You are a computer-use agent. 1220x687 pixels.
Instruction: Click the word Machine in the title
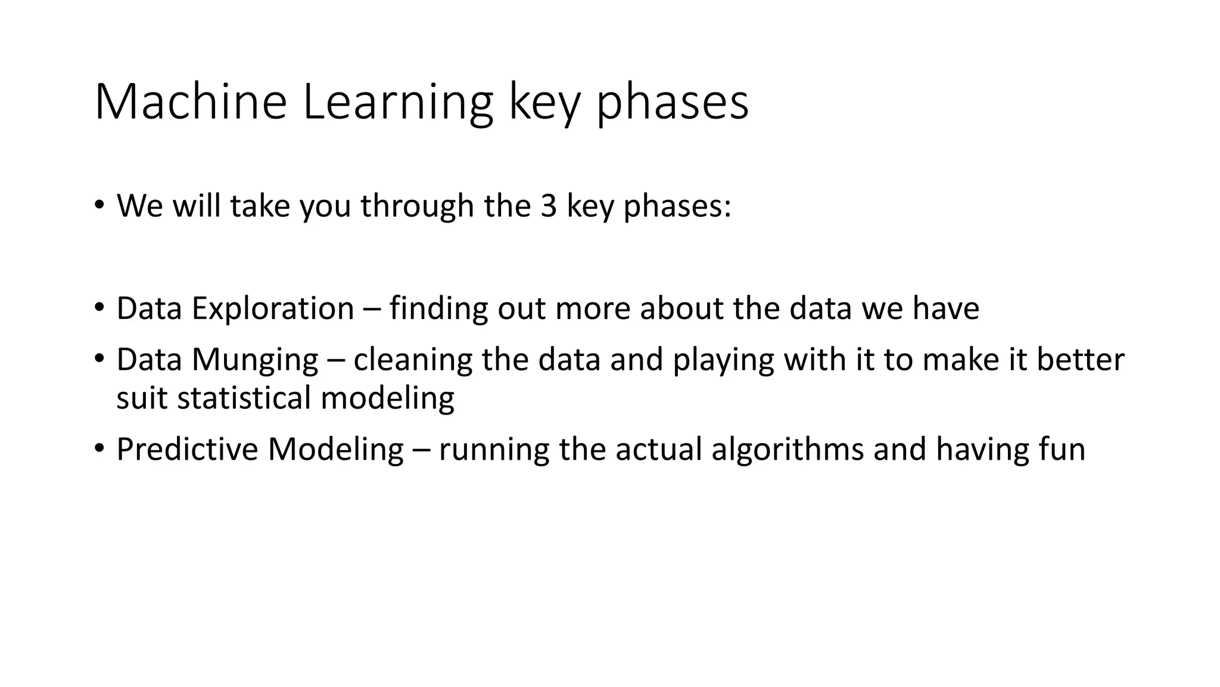pyautogui.click(x=191, y=103)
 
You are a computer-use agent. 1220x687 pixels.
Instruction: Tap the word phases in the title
pyautogui.click(x=673, y=103)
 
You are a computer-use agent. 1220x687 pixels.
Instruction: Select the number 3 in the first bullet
pyautogui.click(x=548, y=206)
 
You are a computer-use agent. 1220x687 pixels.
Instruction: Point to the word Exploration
pyautogui.click(x=272, y=309)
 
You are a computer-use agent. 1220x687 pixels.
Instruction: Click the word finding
pyautogui.click(x=438, y=309)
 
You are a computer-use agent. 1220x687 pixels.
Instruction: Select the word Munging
pyautogui.click(x=254, y=360)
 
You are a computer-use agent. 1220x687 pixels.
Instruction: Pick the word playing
pyautogui.click(x=723, y=360)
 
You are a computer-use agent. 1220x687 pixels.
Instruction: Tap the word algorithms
pyautogui.click(x=787, y=450)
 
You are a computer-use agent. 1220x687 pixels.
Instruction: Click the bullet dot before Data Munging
pyautogui.click(x=99, y=360)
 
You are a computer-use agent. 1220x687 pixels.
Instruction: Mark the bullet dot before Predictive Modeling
pyautogui.click(x=99, y=449)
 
